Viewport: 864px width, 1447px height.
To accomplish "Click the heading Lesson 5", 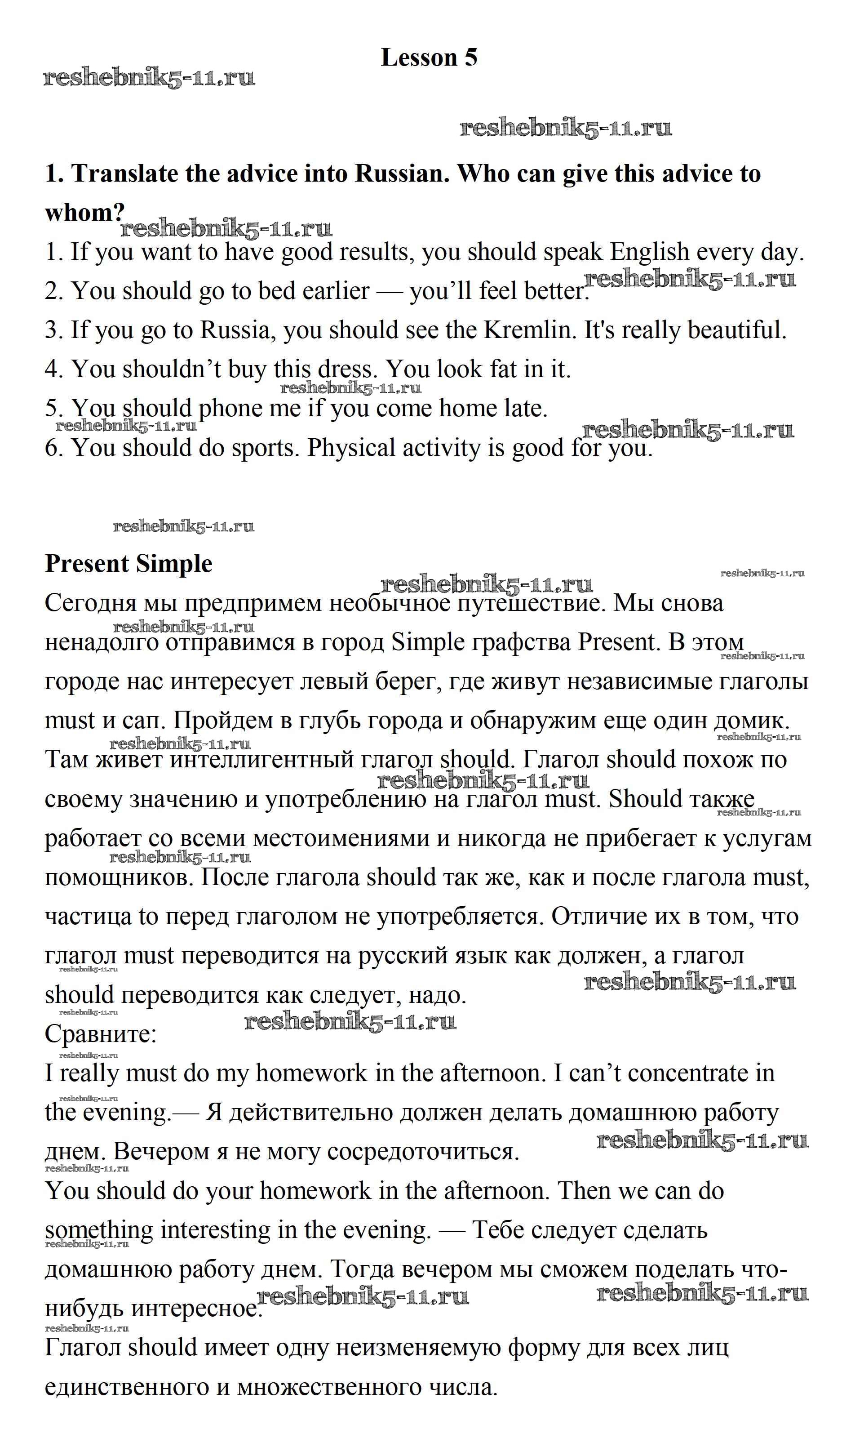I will [x=429, y=57].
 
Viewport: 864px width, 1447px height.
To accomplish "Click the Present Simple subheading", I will [x=128, y=563].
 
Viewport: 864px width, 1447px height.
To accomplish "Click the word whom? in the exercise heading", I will [x=84, y=213].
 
